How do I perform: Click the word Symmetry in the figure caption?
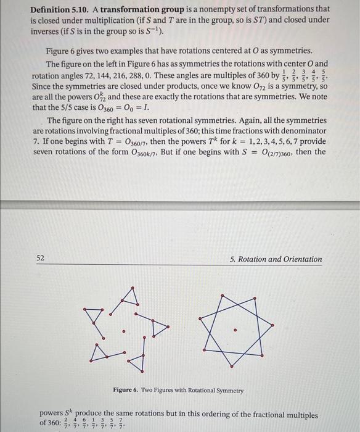click(x=229, y=391)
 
